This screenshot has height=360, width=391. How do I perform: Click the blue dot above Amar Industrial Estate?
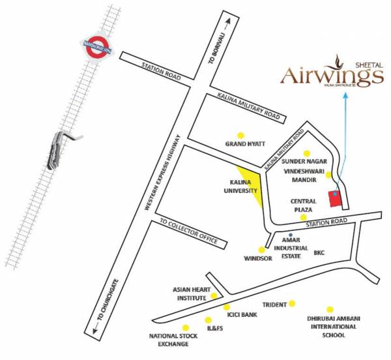click(x=291, y=235)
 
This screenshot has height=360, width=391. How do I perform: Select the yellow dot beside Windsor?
click(x=261, y=249)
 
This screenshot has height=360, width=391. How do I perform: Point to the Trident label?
click(x=274, y=305)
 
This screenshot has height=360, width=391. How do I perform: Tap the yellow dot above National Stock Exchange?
click(x=186, y=327)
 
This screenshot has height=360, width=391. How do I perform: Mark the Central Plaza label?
click(x=304, y=205)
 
